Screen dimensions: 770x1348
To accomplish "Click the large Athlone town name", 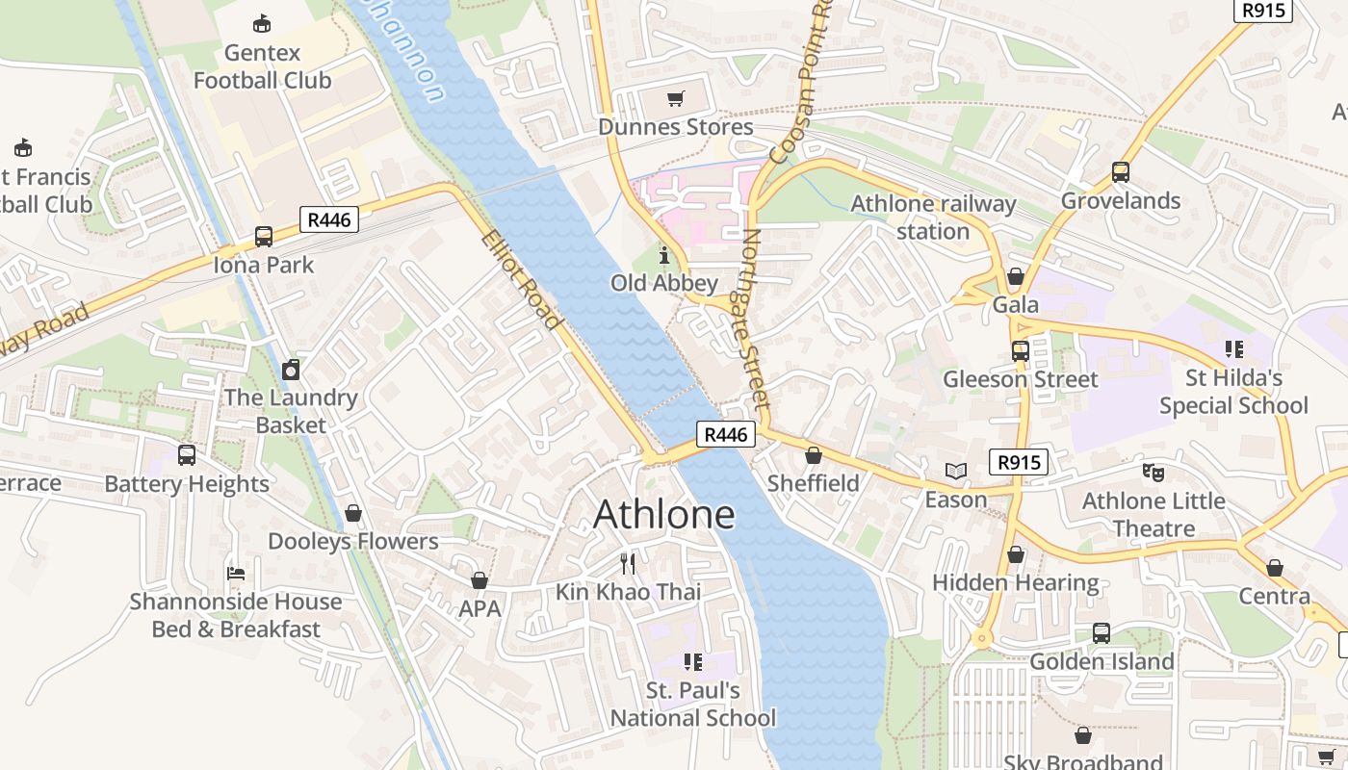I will click(663, 514).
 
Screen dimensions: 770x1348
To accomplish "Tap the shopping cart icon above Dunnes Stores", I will click(676, 98).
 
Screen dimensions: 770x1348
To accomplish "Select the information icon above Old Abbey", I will click(663, 255).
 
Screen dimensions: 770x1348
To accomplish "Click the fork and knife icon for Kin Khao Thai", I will click(628, 563).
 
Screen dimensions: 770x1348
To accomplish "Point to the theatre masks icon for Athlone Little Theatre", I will click(1153, 472).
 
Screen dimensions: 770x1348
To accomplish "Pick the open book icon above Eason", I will click(955, 471).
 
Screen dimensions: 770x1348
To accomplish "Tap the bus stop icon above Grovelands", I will click(1120, 172).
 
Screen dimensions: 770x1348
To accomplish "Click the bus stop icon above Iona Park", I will click(263, 236).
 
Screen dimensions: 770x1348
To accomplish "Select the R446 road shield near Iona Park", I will click(329, 219).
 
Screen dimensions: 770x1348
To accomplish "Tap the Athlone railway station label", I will click(933, 218).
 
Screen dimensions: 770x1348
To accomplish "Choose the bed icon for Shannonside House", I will click(236, 573).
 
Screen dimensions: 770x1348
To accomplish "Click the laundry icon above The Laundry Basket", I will click(291, 370).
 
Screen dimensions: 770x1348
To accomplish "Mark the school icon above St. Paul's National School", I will click(692, 661).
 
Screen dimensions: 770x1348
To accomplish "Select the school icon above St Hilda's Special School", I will click(1233, 348).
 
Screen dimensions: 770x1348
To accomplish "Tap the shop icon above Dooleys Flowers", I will click(353, 513).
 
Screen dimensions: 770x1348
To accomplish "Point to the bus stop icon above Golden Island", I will click(1101, 633).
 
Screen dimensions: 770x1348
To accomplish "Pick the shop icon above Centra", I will click(1274, 568).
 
